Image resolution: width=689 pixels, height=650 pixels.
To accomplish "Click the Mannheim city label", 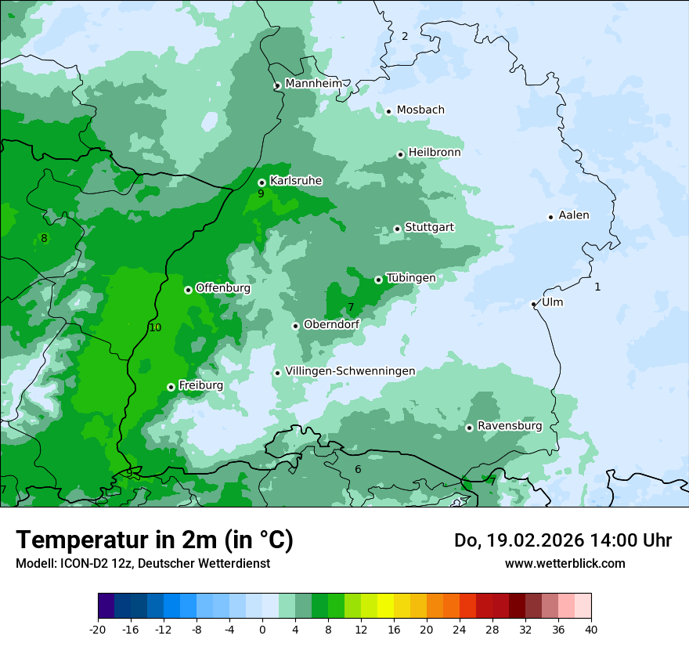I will click(313, 84).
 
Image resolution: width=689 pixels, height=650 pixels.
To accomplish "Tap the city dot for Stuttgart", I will click(398, 229).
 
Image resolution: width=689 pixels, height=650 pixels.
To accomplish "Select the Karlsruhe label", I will click(296, 181).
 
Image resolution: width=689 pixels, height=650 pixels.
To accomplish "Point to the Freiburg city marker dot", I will click(171, 387).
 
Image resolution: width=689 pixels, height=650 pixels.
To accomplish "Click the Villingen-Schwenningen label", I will click(350, 371).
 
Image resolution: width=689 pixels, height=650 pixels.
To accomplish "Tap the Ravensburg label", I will click(510, 426).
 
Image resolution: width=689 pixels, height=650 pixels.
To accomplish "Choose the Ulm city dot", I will click(534, 304).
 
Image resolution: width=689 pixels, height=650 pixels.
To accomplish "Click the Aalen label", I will click(574, 215).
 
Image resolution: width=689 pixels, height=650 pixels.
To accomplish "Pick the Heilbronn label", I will click(435, 153).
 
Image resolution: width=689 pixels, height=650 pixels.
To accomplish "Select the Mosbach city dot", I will click(388, 111).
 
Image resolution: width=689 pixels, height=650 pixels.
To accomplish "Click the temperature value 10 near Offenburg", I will click(155, 327).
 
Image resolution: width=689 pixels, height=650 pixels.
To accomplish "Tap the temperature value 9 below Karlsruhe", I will click(261, 193).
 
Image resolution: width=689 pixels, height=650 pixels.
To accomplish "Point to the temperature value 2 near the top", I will click(405, 36).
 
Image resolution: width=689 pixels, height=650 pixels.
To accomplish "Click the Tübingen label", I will click(411, 278).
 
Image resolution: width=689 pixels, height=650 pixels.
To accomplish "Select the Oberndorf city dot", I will click(295, 326).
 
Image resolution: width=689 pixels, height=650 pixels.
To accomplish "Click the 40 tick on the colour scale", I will click(591, 629).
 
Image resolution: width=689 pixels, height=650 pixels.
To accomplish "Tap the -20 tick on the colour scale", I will click(98, 629).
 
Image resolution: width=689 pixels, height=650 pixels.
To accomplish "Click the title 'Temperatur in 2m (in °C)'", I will click(154, 540).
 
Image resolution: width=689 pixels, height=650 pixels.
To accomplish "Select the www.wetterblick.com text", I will click(565, 563).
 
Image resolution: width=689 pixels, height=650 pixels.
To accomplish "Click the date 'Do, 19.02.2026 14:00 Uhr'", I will click(563, 540).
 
